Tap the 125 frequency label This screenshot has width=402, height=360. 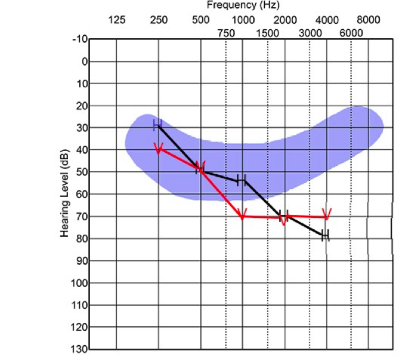click(116, 20)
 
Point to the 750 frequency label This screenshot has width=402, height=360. click(226, 33)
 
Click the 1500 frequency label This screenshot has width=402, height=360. click(268, 33)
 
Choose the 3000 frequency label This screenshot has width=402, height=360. click(310, 33)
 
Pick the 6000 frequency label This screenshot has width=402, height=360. click(351, 33)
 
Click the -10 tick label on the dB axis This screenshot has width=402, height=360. click(79, 39)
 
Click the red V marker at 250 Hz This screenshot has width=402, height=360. click(159, 148)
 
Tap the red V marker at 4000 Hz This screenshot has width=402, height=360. click(326, 214)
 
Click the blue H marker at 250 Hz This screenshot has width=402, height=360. click(157, 125)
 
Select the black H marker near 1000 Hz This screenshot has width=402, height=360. click(240, 180)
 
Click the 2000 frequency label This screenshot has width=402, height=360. click(285, 20)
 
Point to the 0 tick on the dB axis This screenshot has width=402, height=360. click(85, 61)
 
